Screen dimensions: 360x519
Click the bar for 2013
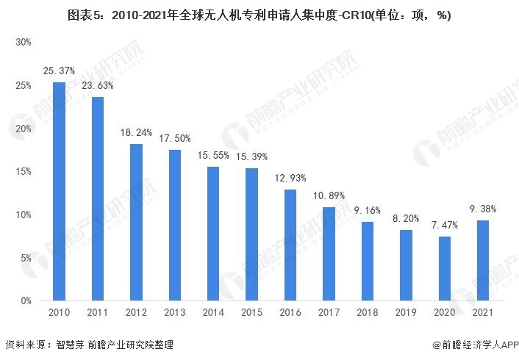tap(175, 225)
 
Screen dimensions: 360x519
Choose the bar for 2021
tap(484, 260)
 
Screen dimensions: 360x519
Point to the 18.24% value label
tap(137, 132)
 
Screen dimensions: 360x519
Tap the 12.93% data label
tap(291, 178)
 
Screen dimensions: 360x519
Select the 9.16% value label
tap(368, 210)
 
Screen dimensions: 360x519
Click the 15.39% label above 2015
tap(252, 156)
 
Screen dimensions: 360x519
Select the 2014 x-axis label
tap(214, 313)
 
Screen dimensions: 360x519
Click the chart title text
tap(259, 15)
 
